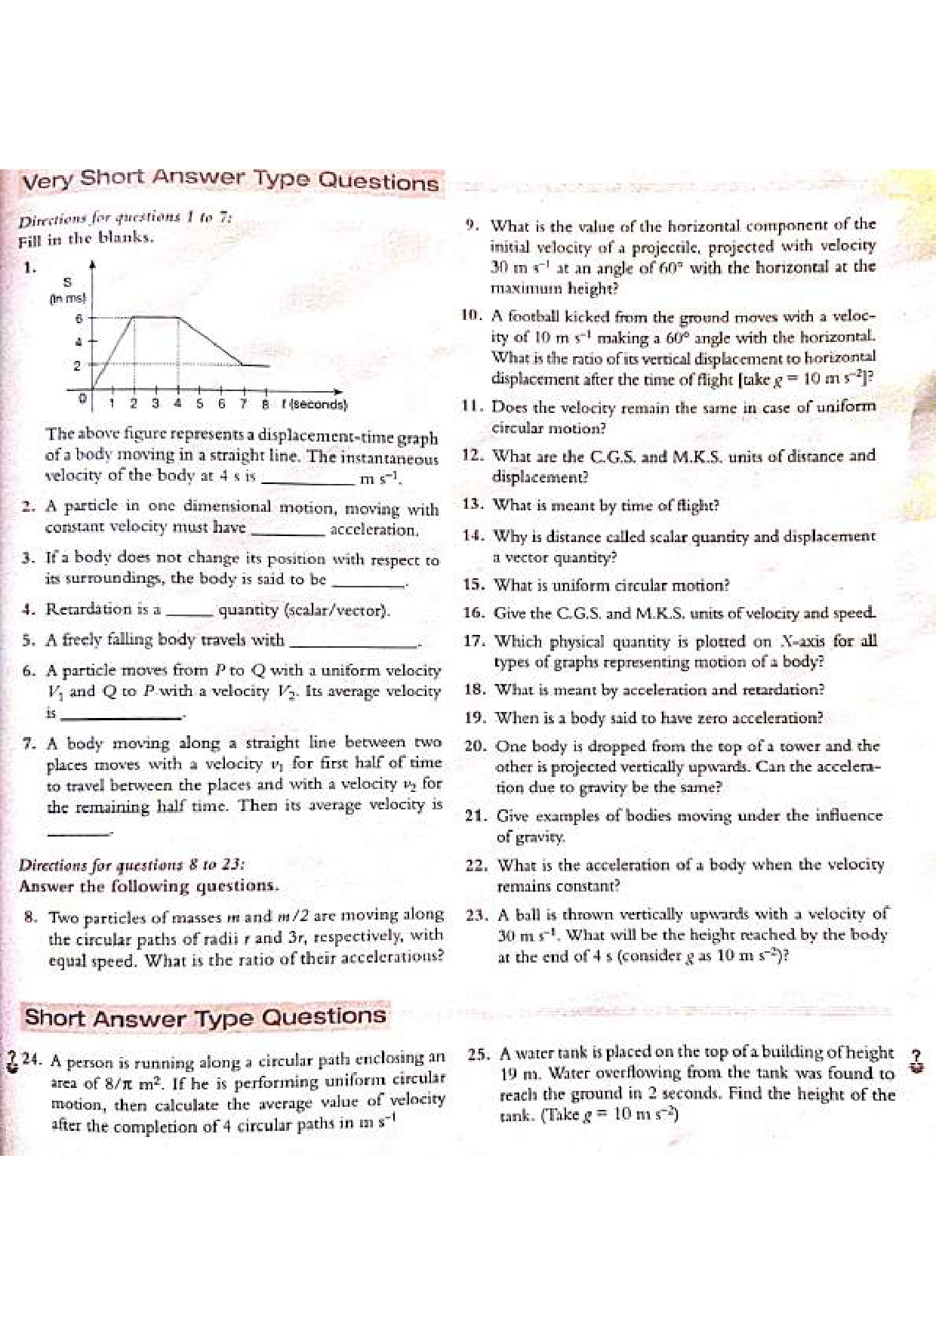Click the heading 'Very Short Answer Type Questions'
tap(231, 180)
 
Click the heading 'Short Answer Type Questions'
tap(205, 1016)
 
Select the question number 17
tap(473, 642)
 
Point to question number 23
tap(476, 914)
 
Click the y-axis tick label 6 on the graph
tap(79, 319)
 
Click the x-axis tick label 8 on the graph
tap(266, 403)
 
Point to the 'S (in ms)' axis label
tap(68, 290)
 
